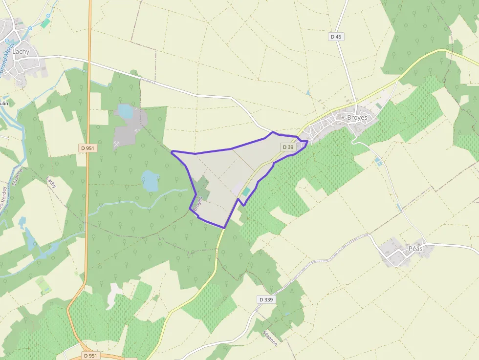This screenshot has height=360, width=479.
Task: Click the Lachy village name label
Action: pyautogui.click(x=22, y=51)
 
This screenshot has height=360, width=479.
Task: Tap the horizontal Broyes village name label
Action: pyautogui.click(x=357, y=118)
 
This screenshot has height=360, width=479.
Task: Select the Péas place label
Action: pyautogui.click(x=415, y=248)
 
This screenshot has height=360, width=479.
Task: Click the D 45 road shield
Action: pyautogui.click(x=336, y=37)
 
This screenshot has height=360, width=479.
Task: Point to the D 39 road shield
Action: pyautogui.click(x=288, y=147)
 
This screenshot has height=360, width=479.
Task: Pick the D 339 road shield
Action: pyautogui.click(x=266, y=299)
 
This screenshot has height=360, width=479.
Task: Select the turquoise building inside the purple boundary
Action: pyautogui.click(x=246, y=192)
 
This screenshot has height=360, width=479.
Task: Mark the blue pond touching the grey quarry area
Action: pyautogui.click(x=126, y=112)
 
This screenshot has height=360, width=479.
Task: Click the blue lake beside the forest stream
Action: pyautogui.click(x=150, y=181)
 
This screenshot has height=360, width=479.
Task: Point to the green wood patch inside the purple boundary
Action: pyautogui.click(x=202, y=188)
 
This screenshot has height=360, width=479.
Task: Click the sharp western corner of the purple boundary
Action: pyautogui.click(x=172, y=152)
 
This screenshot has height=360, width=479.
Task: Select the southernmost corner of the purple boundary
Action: pyautogui.click(x=224, y=228)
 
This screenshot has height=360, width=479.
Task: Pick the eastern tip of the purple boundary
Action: pyautogui.click(x=307, y=142)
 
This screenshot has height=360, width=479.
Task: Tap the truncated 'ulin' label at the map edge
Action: pyautogui.click(x=4, y=104)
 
